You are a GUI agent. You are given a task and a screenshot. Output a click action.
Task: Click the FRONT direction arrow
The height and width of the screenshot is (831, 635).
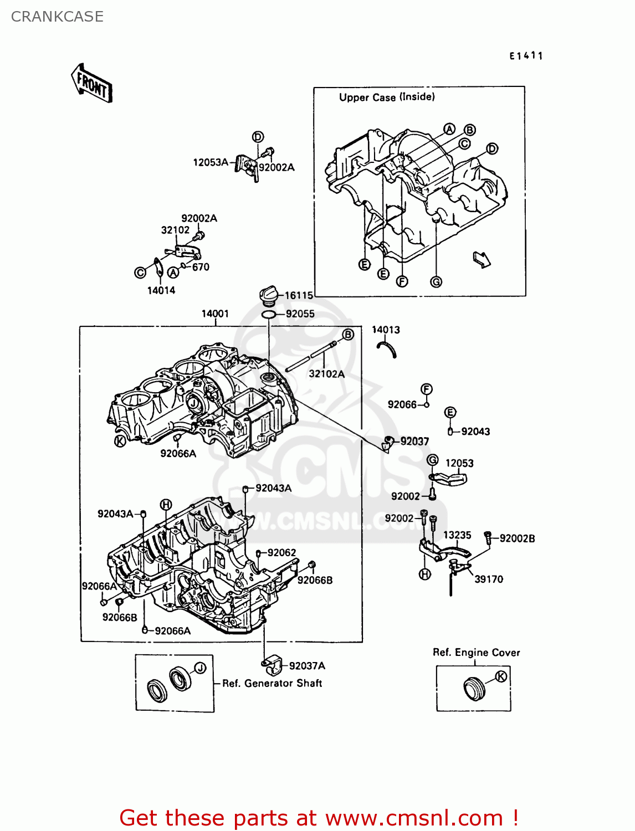coord(92,84)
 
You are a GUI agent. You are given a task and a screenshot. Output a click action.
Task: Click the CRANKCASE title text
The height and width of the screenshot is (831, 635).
coord(57,17)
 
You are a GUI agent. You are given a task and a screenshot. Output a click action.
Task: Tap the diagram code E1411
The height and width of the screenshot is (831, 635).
coord(526,55)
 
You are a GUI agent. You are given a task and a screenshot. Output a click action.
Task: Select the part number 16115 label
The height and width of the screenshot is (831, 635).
coord(299,296)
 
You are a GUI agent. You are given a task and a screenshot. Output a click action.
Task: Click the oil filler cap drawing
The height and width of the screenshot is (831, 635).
coord(269,295)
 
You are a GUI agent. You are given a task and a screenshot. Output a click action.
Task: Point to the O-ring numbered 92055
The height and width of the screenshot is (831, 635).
coord(269,315)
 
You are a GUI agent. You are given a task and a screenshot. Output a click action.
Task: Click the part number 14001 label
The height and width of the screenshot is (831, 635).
coord(215,314)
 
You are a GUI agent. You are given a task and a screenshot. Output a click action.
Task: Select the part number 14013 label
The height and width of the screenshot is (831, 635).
coord(386,330)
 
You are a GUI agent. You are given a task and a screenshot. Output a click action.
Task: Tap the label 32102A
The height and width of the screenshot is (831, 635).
coord(326,374)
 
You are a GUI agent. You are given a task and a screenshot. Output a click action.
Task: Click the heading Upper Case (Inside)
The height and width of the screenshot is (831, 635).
coord(387,98)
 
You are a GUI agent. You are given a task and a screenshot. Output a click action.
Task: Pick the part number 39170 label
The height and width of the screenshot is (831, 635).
coord(489,579)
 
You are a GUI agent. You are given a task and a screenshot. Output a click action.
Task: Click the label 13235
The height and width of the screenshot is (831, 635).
coord(457,535)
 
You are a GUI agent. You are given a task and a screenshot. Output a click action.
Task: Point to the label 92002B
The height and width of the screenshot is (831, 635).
coord(517,538)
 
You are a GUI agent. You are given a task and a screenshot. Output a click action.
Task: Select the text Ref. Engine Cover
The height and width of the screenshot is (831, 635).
coord(476,653)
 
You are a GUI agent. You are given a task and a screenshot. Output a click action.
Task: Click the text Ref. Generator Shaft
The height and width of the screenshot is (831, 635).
coord(272,684)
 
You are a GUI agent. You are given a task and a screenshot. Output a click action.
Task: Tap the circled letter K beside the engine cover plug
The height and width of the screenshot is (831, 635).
coord(500,676)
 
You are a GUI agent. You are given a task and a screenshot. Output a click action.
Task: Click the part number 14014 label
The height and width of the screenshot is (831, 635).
coord(161,290)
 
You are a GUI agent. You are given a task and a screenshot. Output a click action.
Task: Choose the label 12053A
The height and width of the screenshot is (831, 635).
coord(211,162)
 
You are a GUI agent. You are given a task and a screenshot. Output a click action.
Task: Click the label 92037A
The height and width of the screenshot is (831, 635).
coord(307,666)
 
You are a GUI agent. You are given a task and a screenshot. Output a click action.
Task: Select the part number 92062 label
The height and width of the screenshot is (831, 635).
coord(281,553)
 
